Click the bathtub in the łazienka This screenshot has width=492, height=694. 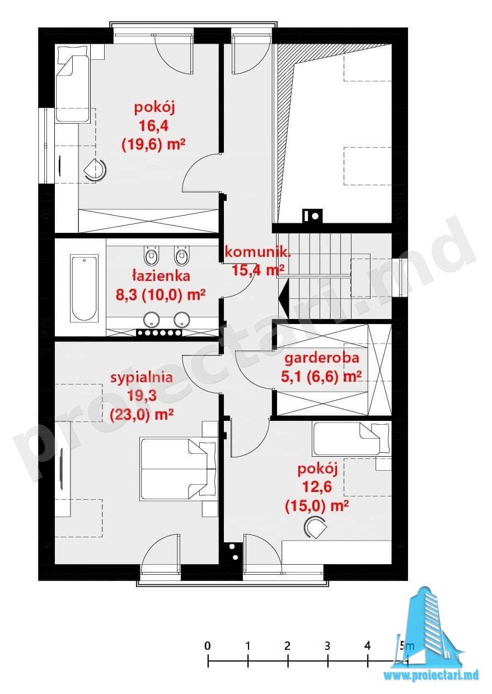[85, 288]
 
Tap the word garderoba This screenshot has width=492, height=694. [322, 358]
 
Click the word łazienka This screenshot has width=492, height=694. [161, 275]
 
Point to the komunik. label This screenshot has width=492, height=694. [258, 252]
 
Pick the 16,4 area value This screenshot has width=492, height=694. [154, 126]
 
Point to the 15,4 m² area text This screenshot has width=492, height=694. [258, 270]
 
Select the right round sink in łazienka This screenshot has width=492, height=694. [181, 319]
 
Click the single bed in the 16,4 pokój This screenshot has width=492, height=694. [73, 84]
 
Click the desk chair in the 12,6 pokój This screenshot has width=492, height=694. [315, 527]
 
